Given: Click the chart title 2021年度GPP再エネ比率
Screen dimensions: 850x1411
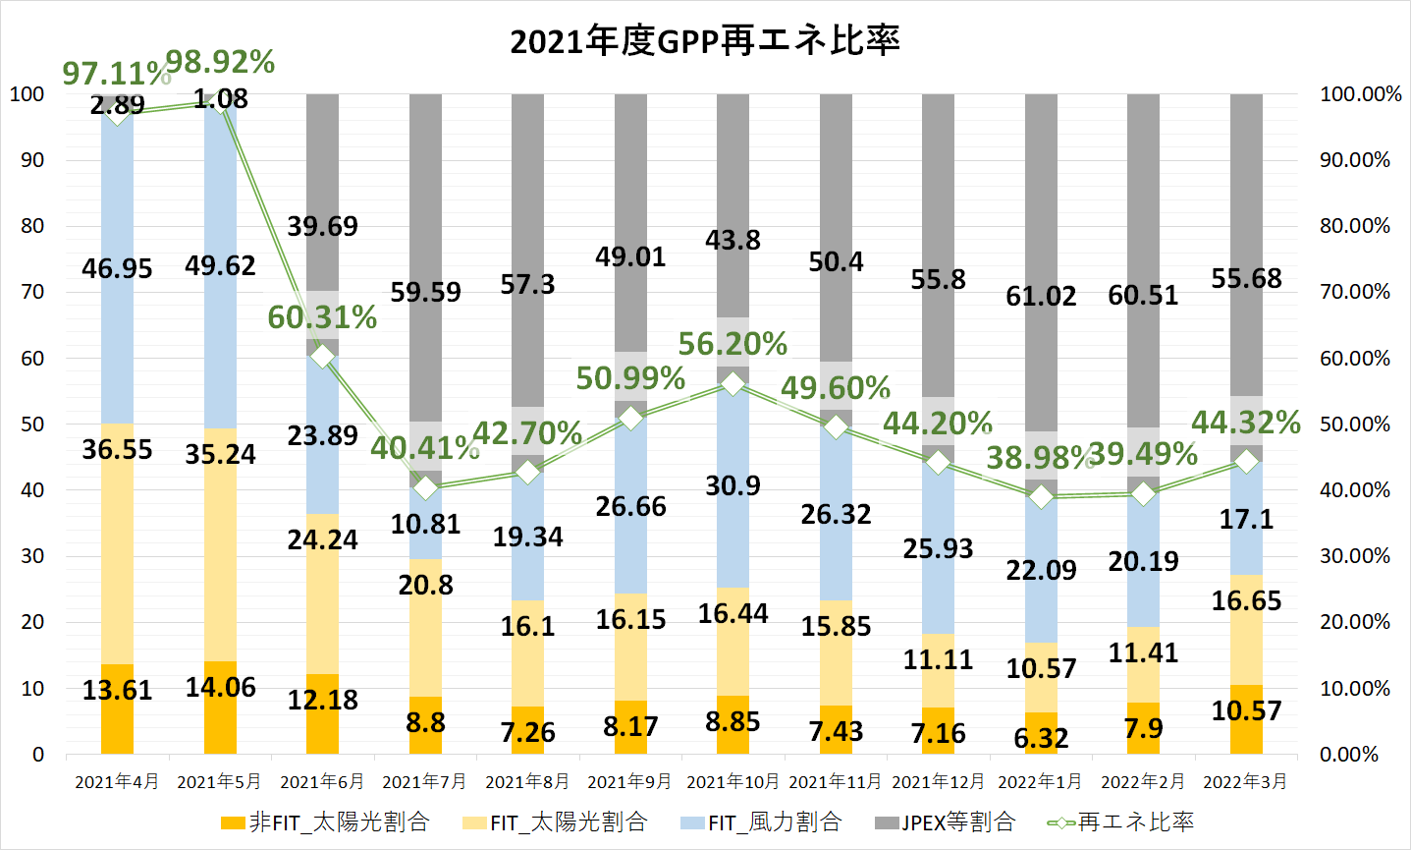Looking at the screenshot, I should click(x=704, y=41).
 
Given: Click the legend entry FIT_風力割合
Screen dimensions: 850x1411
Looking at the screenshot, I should click(x=761, y=822).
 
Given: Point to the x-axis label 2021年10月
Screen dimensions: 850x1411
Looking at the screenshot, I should click(x=733, y=782).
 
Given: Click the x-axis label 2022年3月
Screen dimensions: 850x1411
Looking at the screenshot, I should click(x=1245, y=782).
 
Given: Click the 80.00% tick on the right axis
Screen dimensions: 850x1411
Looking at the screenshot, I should click(x=1355, y=226).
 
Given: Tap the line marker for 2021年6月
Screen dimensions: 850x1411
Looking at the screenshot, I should click(x=322, y=357).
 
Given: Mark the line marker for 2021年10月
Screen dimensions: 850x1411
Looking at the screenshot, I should click(x=733, y=383).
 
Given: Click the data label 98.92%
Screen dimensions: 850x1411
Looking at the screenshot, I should click(x=220, y=62).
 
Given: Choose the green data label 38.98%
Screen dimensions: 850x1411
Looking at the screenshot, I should click(x=1040, y=457).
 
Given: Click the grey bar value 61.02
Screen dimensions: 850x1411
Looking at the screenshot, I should click(x=1041, y=296).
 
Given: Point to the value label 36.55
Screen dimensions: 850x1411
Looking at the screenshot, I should click(x=117, y=449).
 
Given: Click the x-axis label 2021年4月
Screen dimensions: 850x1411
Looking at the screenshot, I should click(x=117, y=782).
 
